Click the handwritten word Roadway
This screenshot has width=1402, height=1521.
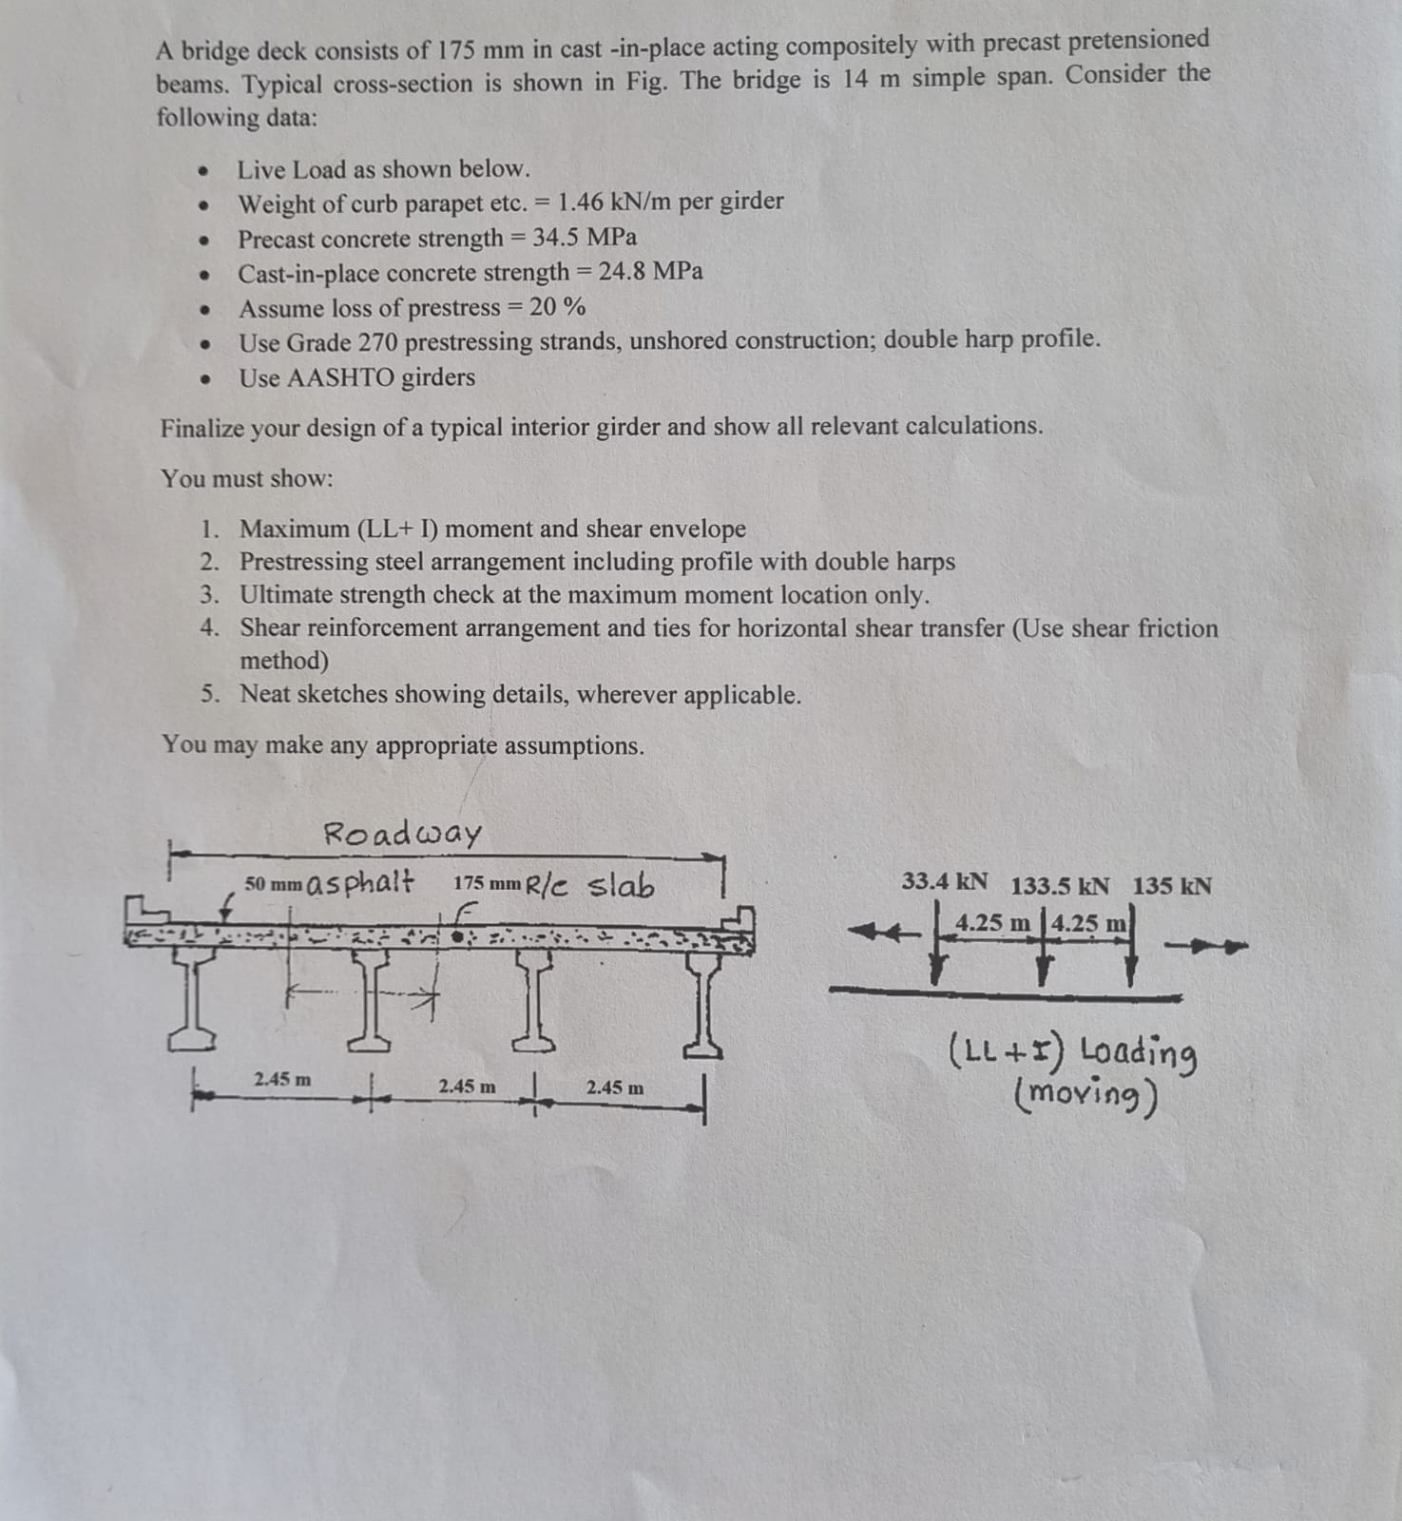click(x=402, y=834)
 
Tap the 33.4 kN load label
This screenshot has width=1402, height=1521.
click(x=944, y=882)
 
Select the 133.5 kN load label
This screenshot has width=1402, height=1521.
click(x=1059, y=886)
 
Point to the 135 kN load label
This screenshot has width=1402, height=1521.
click(x=1171, y=886)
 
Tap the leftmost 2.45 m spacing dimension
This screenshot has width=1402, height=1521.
click(x=282, y=1079)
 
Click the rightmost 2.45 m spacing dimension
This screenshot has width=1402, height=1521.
click(x=615, y=1086)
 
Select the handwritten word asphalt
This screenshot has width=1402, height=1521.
click(x=361, y=882)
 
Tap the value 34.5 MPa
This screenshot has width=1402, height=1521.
click(x=584, y=237)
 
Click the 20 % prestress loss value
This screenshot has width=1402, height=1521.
click(x=557, y=307)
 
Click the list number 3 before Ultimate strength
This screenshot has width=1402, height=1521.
click(x=209, y=595)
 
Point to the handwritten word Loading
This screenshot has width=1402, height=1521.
click(x=1139, y=1052)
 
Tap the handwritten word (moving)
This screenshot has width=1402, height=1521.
click(x=1086, y=1096)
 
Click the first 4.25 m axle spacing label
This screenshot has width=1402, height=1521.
click(x=992, y=922)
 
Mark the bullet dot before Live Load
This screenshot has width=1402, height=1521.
click(x=202, y=172)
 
